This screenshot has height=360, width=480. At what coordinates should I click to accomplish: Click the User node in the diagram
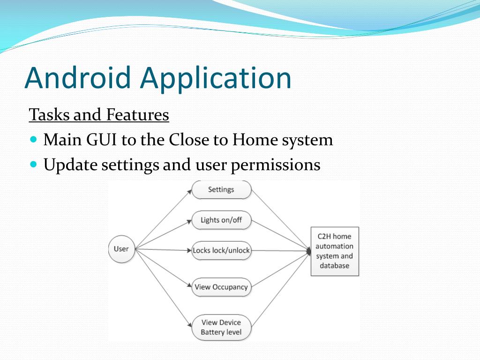[x=121, y=249]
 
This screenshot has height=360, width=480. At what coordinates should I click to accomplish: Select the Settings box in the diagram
[x=221, y=189]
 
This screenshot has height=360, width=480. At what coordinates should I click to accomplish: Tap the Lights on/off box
[x=221, y=220]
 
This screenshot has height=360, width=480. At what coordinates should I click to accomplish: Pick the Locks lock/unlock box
[x=221, y=250]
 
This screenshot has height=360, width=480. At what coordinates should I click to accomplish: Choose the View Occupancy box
[x=221, y=287]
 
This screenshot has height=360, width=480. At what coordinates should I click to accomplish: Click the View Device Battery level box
[x=221, y=327]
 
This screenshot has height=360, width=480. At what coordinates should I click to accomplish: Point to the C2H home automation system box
[x=335, y=251]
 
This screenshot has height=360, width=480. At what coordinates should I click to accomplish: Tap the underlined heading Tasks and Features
[x=98, y=114]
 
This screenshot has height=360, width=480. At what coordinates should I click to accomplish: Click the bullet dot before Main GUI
[x=33, y=140]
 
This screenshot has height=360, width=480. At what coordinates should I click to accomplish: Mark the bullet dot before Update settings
[x=33, y=165]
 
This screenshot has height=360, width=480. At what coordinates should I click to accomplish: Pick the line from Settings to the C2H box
[x=280, y=218]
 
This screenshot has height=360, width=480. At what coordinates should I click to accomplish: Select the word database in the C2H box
[x=335, y=266]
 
